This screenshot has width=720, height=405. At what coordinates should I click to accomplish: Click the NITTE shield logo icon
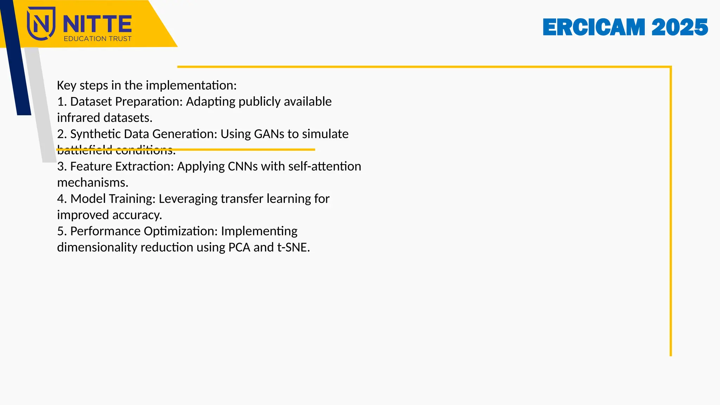point(41,23)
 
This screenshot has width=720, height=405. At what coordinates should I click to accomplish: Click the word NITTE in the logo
point(97,24)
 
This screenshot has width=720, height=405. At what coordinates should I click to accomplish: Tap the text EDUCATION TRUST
point(97,39)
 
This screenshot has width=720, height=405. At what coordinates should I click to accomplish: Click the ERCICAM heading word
point(594,27)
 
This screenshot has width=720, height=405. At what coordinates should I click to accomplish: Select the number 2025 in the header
point(679,27)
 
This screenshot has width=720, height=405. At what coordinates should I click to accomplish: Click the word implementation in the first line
point(191,85)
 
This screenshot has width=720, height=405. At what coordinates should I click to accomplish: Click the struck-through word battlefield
point(85,150)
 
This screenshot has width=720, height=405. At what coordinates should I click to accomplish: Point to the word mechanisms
point(92,182)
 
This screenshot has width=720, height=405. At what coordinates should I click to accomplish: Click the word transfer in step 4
point(242,199)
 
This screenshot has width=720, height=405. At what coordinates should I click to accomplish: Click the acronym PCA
point(239,247)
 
